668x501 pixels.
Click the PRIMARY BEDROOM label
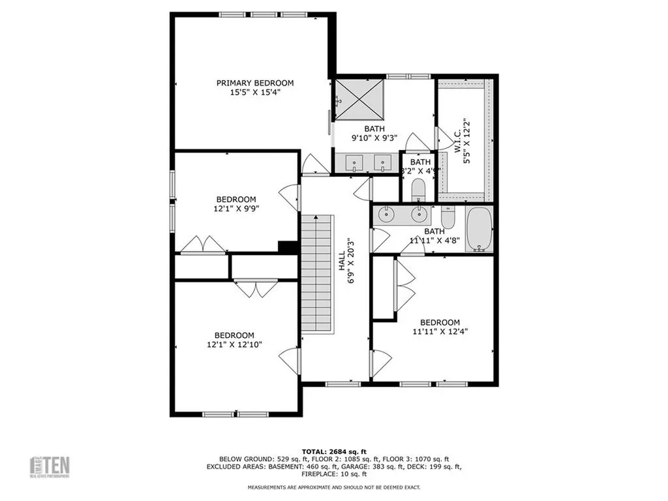pyautogui.click(x=255, y=83)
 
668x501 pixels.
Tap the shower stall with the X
pyautogui.click(x=358, y=100)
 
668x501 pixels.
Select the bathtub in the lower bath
pyautogui.click(x=479, y=230)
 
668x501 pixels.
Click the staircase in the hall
pyautogui.click(x=317, y=273)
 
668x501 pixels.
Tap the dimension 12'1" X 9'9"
pyautogui.click(x=236, y=209)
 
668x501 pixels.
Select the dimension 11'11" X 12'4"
pyautogui.click(x=440, y=331)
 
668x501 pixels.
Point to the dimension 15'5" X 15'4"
pyautogui.click(x=255, y=93)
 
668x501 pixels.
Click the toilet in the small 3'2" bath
pyautogui.click(x=419, y=190)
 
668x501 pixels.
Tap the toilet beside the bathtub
pyautogui.click(x=448, y=217)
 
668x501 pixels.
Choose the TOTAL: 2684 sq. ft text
pyautogui.click(x=333, y=451)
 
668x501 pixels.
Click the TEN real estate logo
pyautogui.click(x=52, y=467)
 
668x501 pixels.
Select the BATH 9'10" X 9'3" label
pyautogui.click(x=374, y=133)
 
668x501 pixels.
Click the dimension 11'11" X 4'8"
pyautogui.click(x=434, y=239)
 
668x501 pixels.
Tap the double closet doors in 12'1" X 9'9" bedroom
pyautogui.click(x=203, y=244)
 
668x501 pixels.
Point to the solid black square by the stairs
pyautogui.click(x=287, y=247)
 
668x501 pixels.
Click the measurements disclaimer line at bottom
pyautogui.click(x=333, y=487)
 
